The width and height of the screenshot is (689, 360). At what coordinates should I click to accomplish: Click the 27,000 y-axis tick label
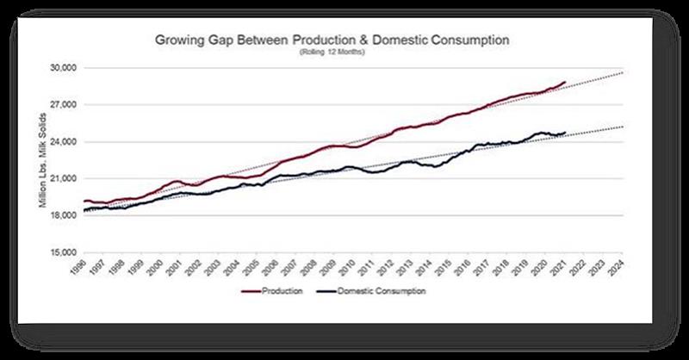66,104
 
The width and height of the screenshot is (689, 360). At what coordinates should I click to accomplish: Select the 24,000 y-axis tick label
66,141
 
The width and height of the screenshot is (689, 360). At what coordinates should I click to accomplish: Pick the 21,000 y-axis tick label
66,178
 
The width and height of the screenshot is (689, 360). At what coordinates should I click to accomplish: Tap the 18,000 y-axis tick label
66,215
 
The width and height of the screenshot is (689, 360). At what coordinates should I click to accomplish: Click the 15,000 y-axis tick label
66,252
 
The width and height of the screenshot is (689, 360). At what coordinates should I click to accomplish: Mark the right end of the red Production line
565,82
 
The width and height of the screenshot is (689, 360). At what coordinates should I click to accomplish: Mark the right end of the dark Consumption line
565,133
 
